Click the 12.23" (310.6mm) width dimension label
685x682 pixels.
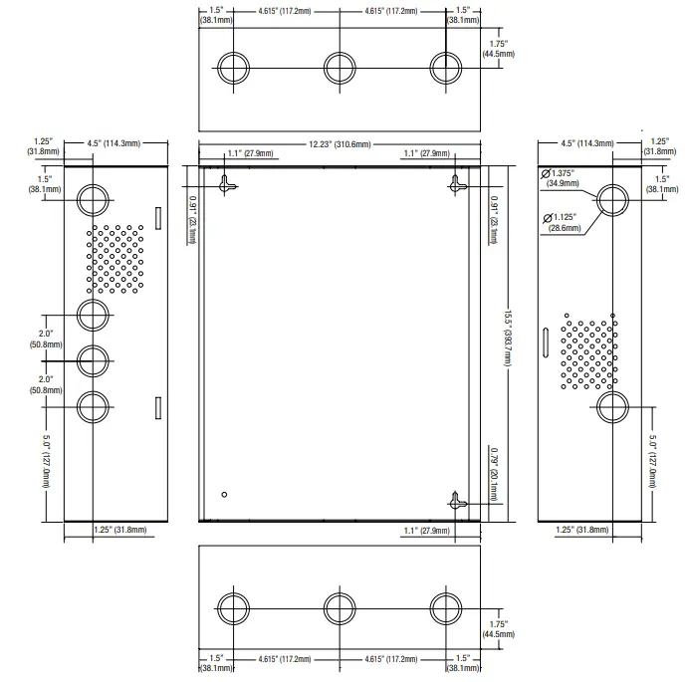340,144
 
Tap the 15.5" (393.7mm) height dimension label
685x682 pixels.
507,339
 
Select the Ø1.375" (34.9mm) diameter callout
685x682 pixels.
561,178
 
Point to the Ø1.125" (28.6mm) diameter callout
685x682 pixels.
562,222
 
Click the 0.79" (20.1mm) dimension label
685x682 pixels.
494,474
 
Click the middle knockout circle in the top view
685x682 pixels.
340,68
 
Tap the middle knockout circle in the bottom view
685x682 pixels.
340,608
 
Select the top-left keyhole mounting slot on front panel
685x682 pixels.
225,185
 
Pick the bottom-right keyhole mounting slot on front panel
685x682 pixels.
456,502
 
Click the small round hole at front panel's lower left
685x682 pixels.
224,495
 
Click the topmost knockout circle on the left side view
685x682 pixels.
93,200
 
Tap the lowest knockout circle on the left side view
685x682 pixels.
93,407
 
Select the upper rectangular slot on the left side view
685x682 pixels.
158,218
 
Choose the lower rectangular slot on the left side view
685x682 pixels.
158,408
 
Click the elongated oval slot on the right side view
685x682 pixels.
546,342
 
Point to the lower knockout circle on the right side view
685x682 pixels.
612,407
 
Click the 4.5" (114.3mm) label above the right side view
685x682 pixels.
587,143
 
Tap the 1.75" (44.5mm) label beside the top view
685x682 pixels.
498,49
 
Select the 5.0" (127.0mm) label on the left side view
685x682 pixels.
46,461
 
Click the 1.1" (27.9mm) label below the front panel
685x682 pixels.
426,531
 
